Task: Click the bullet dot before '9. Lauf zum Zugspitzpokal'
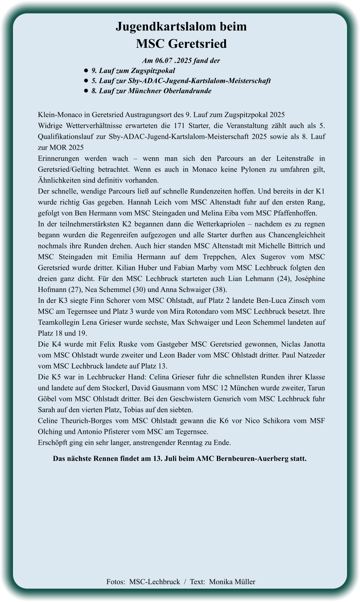point(86,71)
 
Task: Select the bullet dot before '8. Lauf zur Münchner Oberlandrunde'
point(86,91)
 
